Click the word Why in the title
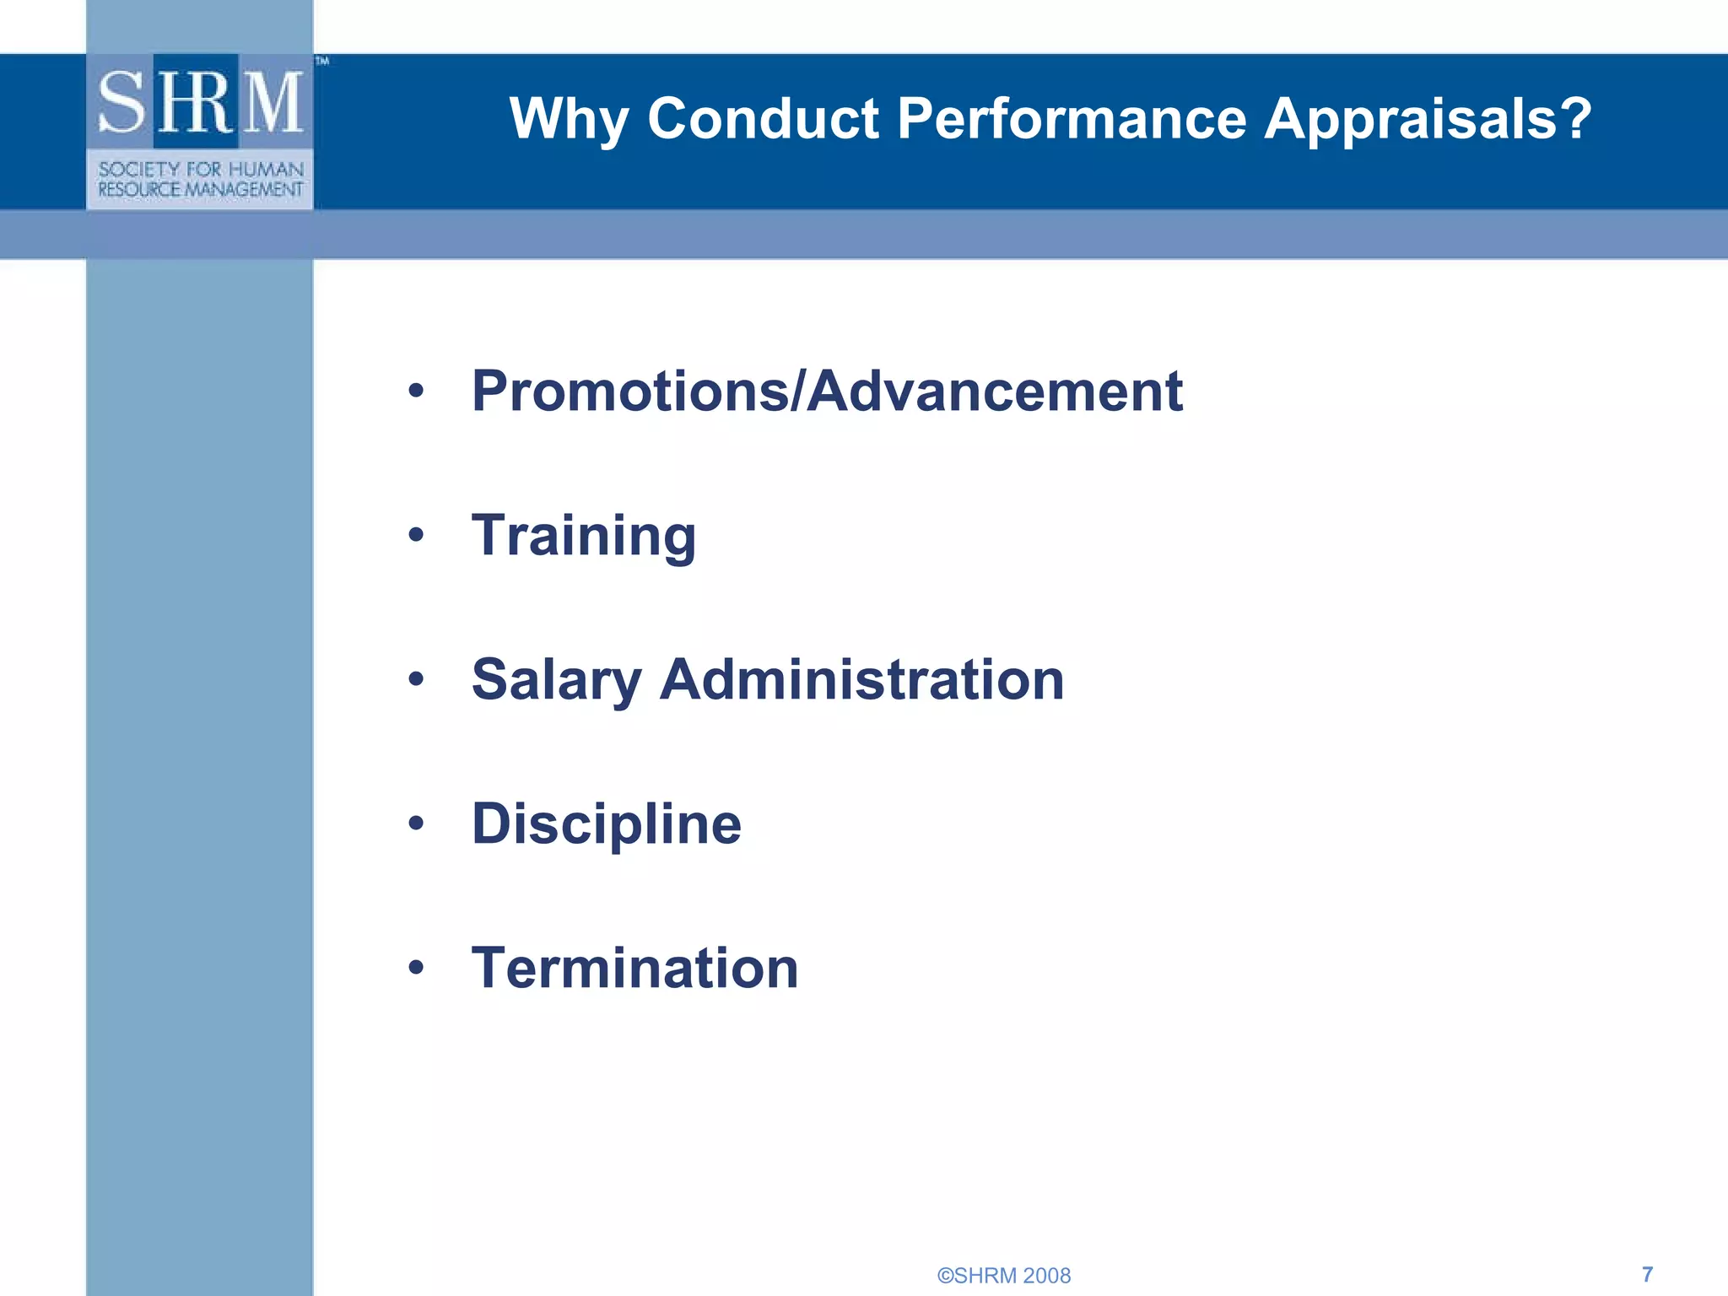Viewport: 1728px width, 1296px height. [x=569, y=119]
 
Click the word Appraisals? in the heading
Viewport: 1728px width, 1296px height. [x=1428, y=119]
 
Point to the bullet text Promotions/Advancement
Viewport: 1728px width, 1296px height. [x=827, y=391]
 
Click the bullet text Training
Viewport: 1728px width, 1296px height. [x=584, y=536]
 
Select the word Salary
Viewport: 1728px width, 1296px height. [x=557, y=680]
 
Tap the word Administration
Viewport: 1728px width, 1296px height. [x=861, y=679]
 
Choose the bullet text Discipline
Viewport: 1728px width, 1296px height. [x=607, y=823]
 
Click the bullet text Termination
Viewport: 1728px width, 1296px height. [x=634, y=968]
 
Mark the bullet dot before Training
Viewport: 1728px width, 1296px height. [x=416, y=535]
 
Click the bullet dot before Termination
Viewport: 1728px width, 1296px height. [x=416, y=968]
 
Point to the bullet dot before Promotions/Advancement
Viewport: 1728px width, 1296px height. [x=416, y=391]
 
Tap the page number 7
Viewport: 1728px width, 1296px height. [x=1647, y=1273]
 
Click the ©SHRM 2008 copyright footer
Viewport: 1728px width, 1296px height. [x=1004, y=1275]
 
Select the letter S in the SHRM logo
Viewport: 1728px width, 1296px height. [x=123, y=103]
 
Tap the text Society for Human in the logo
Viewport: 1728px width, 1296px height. [x=201, y=170]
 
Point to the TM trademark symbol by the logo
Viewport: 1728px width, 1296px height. [x=322, y=61]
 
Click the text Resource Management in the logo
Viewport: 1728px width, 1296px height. [x=201, y=190]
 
